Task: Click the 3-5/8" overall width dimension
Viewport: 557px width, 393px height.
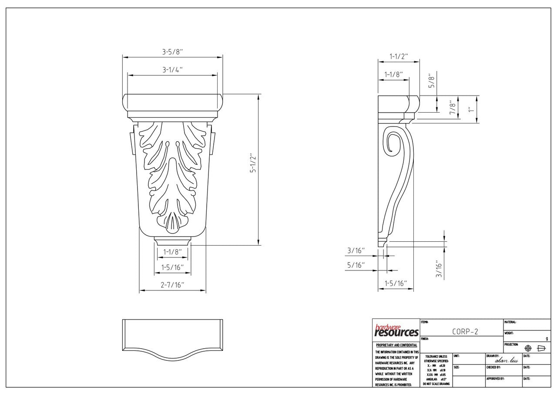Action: pyautogui.click(x=172, y=52)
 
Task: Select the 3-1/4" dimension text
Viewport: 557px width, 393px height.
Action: pyautogui.click(x=172, y=70)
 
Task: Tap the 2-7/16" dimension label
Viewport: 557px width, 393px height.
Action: pyautogui.click(x=173, y=285)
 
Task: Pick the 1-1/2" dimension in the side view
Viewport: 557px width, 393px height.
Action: pyautogui.click(x=399, y=57)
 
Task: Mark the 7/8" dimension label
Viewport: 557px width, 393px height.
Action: pyautogui.click(x=453, y=107)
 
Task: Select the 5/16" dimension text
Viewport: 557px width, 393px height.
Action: pyautogui.click(x=356, y=265)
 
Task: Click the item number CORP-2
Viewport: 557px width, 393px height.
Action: pyautogui.click(x=465, y=331)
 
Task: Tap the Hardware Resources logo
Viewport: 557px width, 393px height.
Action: pyautogui.click(x=396, y=331)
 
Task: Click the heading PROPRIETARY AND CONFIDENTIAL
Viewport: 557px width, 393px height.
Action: pyautogui.click(x=396, y=345)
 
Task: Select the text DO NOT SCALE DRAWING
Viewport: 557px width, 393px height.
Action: pyautogui.click(x=436, y=384)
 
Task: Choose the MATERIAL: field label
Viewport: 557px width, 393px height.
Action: pyautogui.click(x=510, y=322)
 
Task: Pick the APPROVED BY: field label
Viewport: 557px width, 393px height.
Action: pyautogui.click(x=495, y=379)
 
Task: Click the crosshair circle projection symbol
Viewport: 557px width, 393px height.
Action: pyautogui.click(x=528, y=348)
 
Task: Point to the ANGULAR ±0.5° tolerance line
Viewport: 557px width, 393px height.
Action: pyautogui.click(x=436, y=379)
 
